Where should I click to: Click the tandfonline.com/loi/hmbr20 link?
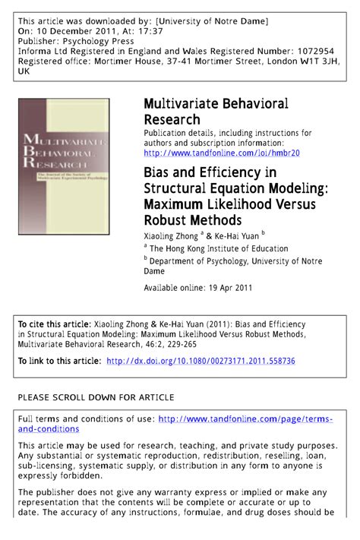tap(222, 153)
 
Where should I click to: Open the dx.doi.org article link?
tap(201, 361)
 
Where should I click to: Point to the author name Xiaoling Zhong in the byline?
tap(170, 237)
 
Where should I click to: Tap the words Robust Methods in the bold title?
tap(193, 220)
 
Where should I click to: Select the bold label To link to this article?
tap(59, 361)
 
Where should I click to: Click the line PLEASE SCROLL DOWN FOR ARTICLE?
tap(96, 397)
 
